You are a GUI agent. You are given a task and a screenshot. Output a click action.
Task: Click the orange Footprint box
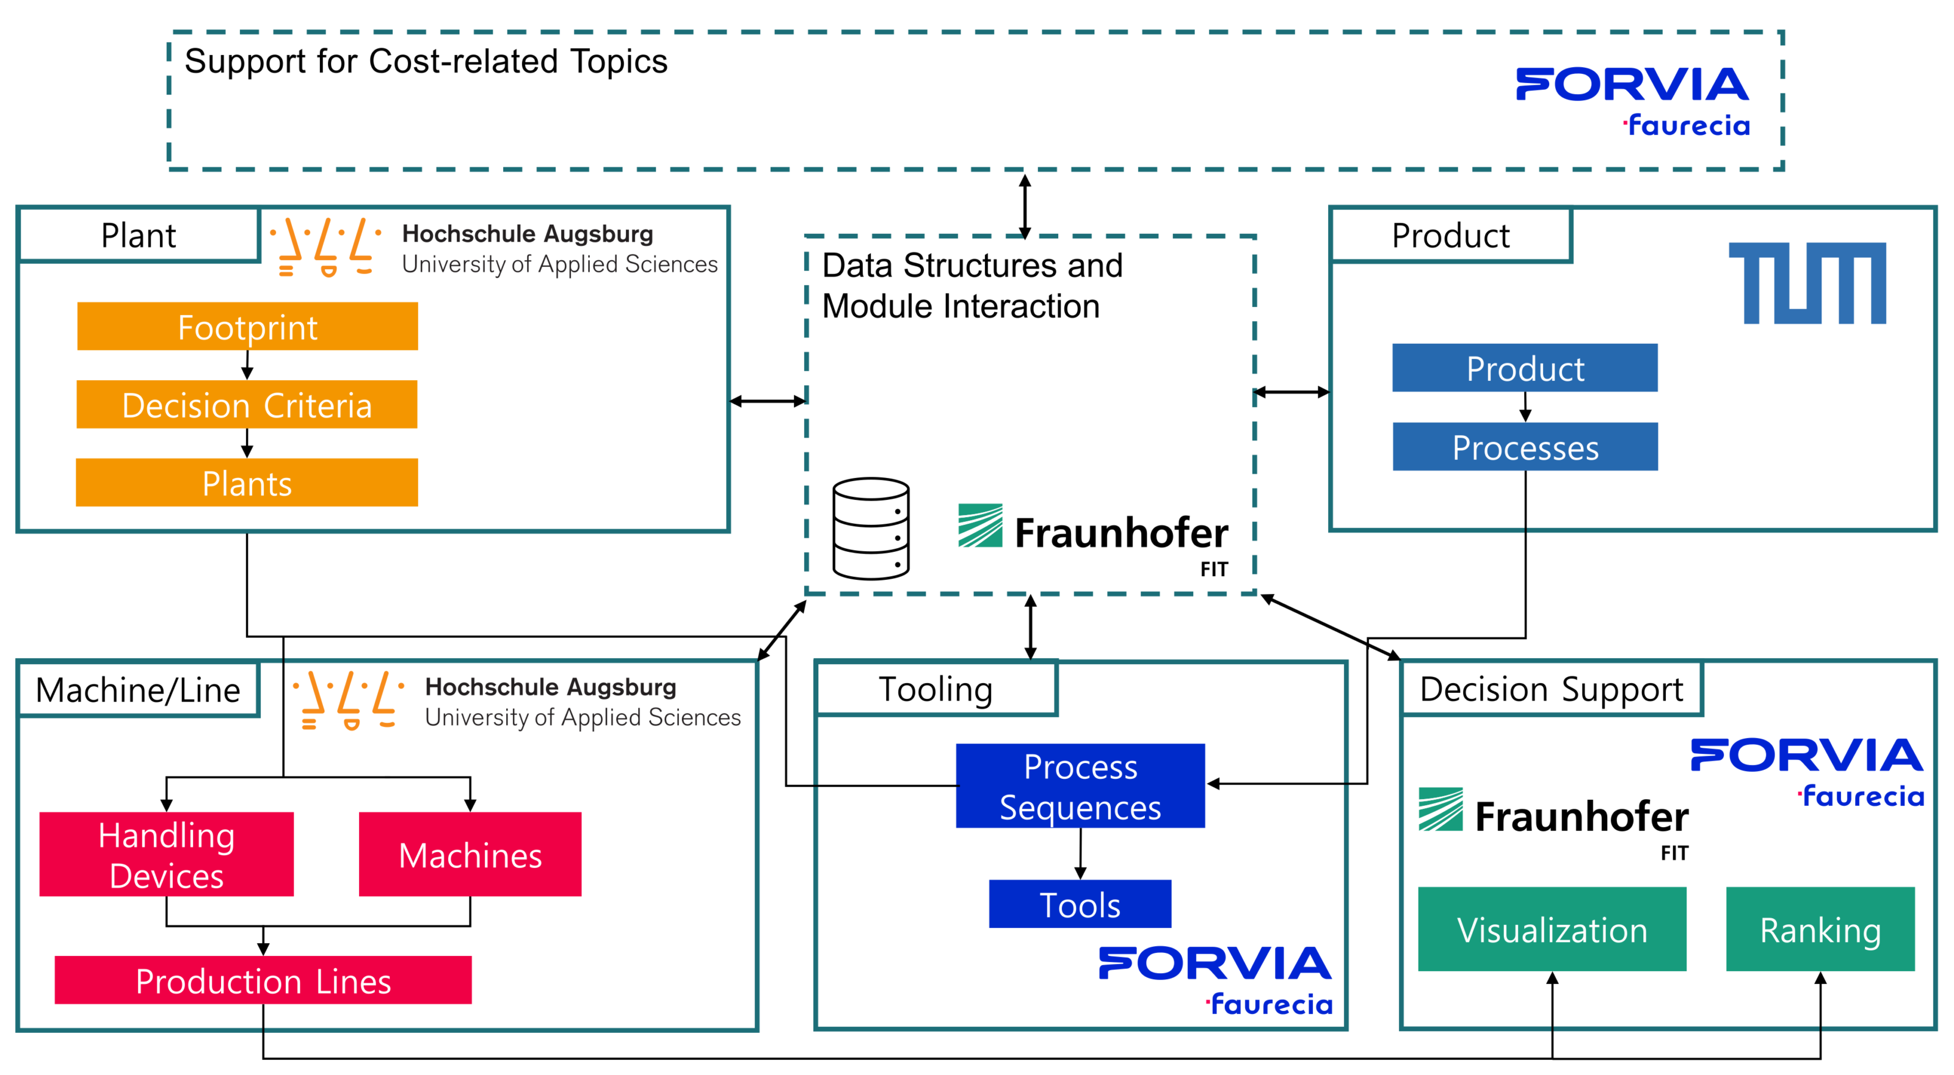click(x=247, y=327)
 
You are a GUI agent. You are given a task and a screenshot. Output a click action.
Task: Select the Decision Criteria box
click(x=247, y=405)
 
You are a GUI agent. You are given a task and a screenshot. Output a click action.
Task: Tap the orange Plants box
click(x=247, y=483)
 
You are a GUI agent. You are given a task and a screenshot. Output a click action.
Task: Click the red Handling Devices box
click(x=166, y=855)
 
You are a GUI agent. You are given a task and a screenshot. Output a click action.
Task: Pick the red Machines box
click(x=470, y=855)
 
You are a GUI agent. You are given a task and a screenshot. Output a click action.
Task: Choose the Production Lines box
click(x=263, y=980)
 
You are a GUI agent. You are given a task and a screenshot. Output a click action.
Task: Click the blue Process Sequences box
click(x=1080, y=786)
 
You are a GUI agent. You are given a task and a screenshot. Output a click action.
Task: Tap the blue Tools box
click(x=1080, y=903)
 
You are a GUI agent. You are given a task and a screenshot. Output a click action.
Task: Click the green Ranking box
click(x=1820, y=930)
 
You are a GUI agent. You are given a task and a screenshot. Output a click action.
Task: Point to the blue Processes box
click(x=1525, y=447)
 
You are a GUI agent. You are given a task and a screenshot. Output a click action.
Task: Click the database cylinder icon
click(x=871, y=529)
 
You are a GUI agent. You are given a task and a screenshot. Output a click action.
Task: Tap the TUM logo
click(x=1807, y=283)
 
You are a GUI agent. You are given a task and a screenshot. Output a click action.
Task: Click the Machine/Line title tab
click(x=138, y=690)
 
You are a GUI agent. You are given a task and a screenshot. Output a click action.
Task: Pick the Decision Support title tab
click(x=1551, y=689)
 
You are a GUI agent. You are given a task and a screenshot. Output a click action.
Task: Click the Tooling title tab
click(x=935, y=689)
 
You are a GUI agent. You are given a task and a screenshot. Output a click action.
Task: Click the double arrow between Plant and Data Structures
click(x=767, y=401)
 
